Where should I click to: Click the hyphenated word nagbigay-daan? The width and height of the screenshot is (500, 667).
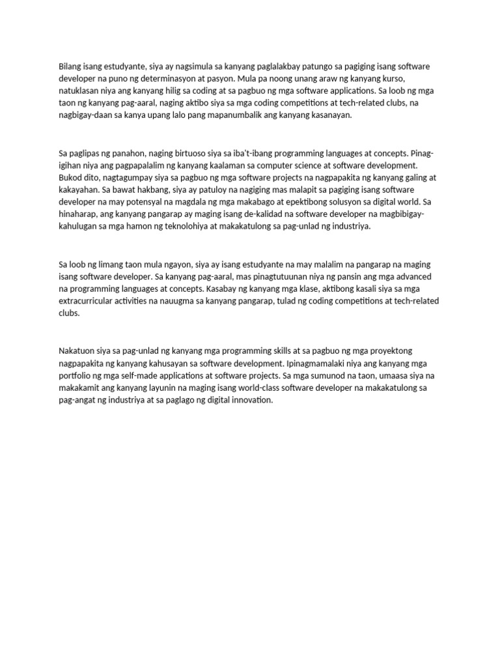tap(87, 115)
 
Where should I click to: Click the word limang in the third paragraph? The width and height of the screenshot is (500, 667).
tap(113, 264)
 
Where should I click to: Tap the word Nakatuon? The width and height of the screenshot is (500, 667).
tap(77, 352)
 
